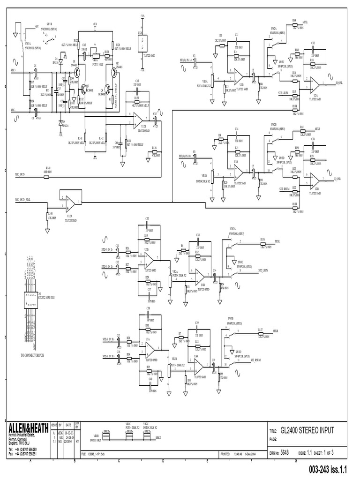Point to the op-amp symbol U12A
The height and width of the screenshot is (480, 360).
[70, 202]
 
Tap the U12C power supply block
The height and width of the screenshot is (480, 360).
[142, 39]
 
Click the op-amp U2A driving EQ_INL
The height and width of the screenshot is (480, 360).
[314, 83]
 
